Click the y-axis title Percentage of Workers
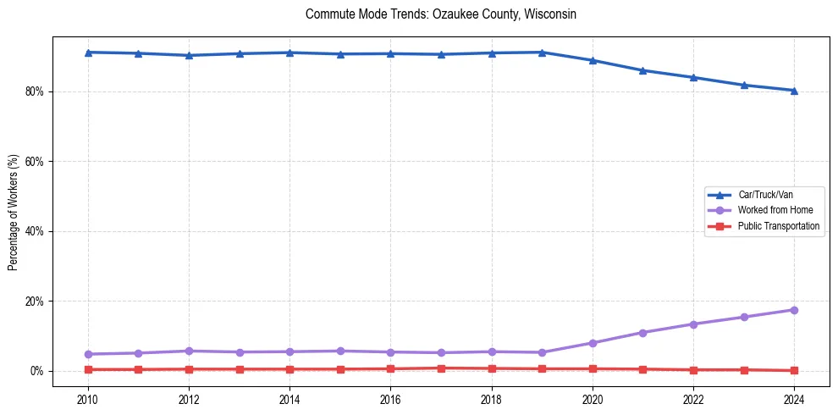point(13,213)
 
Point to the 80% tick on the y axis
point(35,91)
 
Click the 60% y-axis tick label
point(35,162)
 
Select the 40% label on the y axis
point(35,231)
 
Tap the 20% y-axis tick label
point(35,302)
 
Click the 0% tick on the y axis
point(37,371)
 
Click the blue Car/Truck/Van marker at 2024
point(794,91)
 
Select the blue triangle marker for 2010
point(88,53)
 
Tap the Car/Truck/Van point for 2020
point(593,60)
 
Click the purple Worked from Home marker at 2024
point(794,310)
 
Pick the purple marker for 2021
point(642,333)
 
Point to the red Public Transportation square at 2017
point(441,368)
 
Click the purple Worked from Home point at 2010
point(88,354)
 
